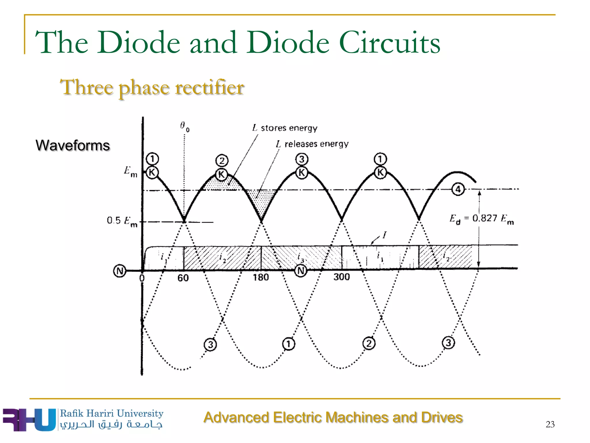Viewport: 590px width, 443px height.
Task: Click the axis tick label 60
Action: [x=183, y=278]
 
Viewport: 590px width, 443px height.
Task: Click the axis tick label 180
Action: [x=261, y=277]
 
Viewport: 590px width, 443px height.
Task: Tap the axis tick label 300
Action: [x=341, y=277]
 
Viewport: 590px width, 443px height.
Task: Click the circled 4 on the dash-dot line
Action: [x=458, y=189]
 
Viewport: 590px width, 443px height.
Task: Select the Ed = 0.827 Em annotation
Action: [x=481, y=219]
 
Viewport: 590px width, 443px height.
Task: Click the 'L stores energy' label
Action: [x=285, y=128]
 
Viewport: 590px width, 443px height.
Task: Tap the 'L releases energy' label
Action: [x=312, y=144]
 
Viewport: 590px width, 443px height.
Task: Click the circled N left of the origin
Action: [x=120, y=271]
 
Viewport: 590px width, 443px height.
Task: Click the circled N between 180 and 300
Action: [x=300, y=271]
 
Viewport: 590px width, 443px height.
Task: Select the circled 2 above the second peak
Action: [x=222, y=161]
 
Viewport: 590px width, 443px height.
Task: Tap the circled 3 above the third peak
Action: [x=302, y=159]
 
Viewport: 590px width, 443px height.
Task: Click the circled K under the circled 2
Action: [x=221, y=174]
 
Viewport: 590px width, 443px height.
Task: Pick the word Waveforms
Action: [x=73, y=145]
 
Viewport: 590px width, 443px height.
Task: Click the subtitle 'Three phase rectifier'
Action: [x=152, y=87]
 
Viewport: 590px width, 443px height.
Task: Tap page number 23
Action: [x=550, y=424]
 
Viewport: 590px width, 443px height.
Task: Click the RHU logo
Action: [x=29, y=420]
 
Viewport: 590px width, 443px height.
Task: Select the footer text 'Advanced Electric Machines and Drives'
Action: [x=333, y=417]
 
